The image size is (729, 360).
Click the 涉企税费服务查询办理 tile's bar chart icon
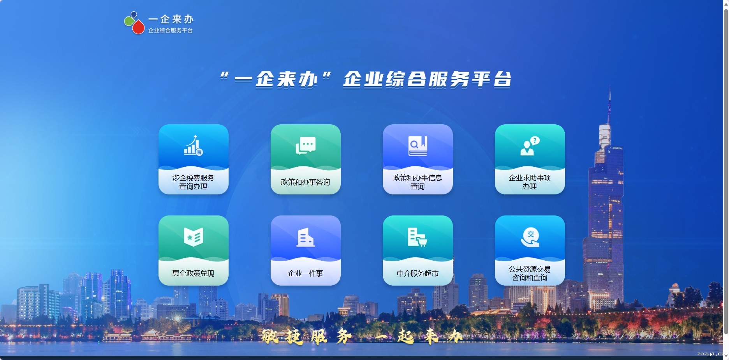(x=193, y=145)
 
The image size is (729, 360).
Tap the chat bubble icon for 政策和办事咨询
(x=306, y=146)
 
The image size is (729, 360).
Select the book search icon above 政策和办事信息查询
(x=418, y=146)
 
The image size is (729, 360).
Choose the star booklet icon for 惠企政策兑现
(x=194, y=236)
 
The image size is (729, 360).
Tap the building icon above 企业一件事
(x=306, y=237)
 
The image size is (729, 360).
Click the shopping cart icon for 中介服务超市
(x=418, y=237)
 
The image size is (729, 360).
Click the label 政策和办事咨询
(x=306, y=182)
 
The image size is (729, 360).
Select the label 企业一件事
(x=306, y=273)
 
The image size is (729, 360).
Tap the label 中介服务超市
(x=418, y=273)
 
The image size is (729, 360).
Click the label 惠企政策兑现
(x=194, y=273)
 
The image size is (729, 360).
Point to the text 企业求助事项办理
(x=530, y=182)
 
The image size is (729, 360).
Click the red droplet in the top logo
(x=138, y=27)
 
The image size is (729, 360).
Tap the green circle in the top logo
(x=129, y=21)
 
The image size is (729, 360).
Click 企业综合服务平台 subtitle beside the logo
(x=171, y=30)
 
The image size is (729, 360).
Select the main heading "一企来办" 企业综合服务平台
(x=365, y=79)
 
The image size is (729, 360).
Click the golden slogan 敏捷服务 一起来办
(x=362, y=335)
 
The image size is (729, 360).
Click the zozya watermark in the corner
(x=712, y=354)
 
